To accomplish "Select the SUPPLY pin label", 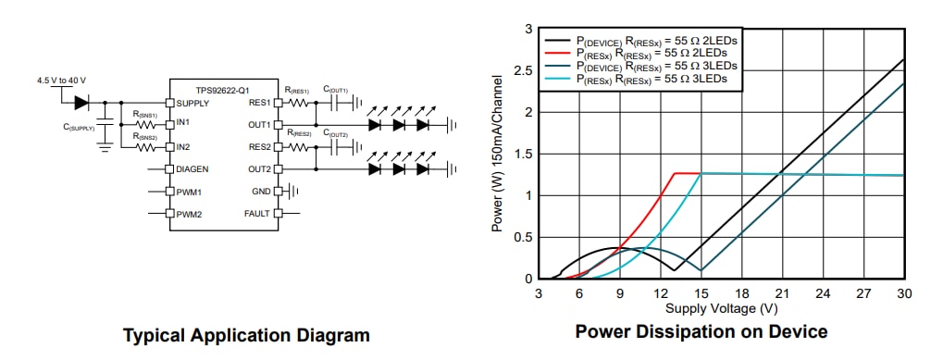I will coord(192,103).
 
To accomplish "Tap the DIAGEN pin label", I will coord(192,168).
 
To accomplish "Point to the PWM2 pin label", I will coord(189,214).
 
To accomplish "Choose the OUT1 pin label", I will coord(259,124).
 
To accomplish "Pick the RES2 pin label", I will coord(259,146).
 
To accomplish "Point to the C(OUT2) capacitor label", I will coord(335,134).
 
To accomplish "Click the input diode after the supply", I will coord(81,102).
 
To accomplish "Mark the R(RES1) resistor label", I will coord(298,90).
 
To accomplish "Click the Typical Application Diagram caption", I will coord(246,335).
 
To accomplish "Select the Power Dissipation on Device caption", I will coord(701,331).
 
